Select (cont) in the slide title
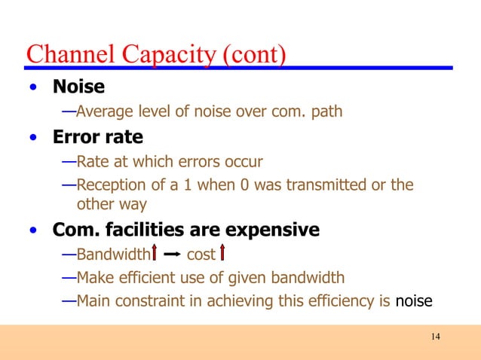[x=254, y=55]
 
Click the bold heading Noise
[x=78, y=87]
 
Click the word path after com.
[x=327, y=112]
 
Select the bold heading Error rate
[x=97, y=138]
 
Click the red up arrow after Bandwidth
[x=155, y=253]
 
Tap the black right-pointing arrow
[x=171, y=254]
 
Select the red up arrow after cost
[x=223, y=253]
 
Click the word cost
[x=201, y=254]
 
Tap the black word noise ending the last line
[x=414, y=302]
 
